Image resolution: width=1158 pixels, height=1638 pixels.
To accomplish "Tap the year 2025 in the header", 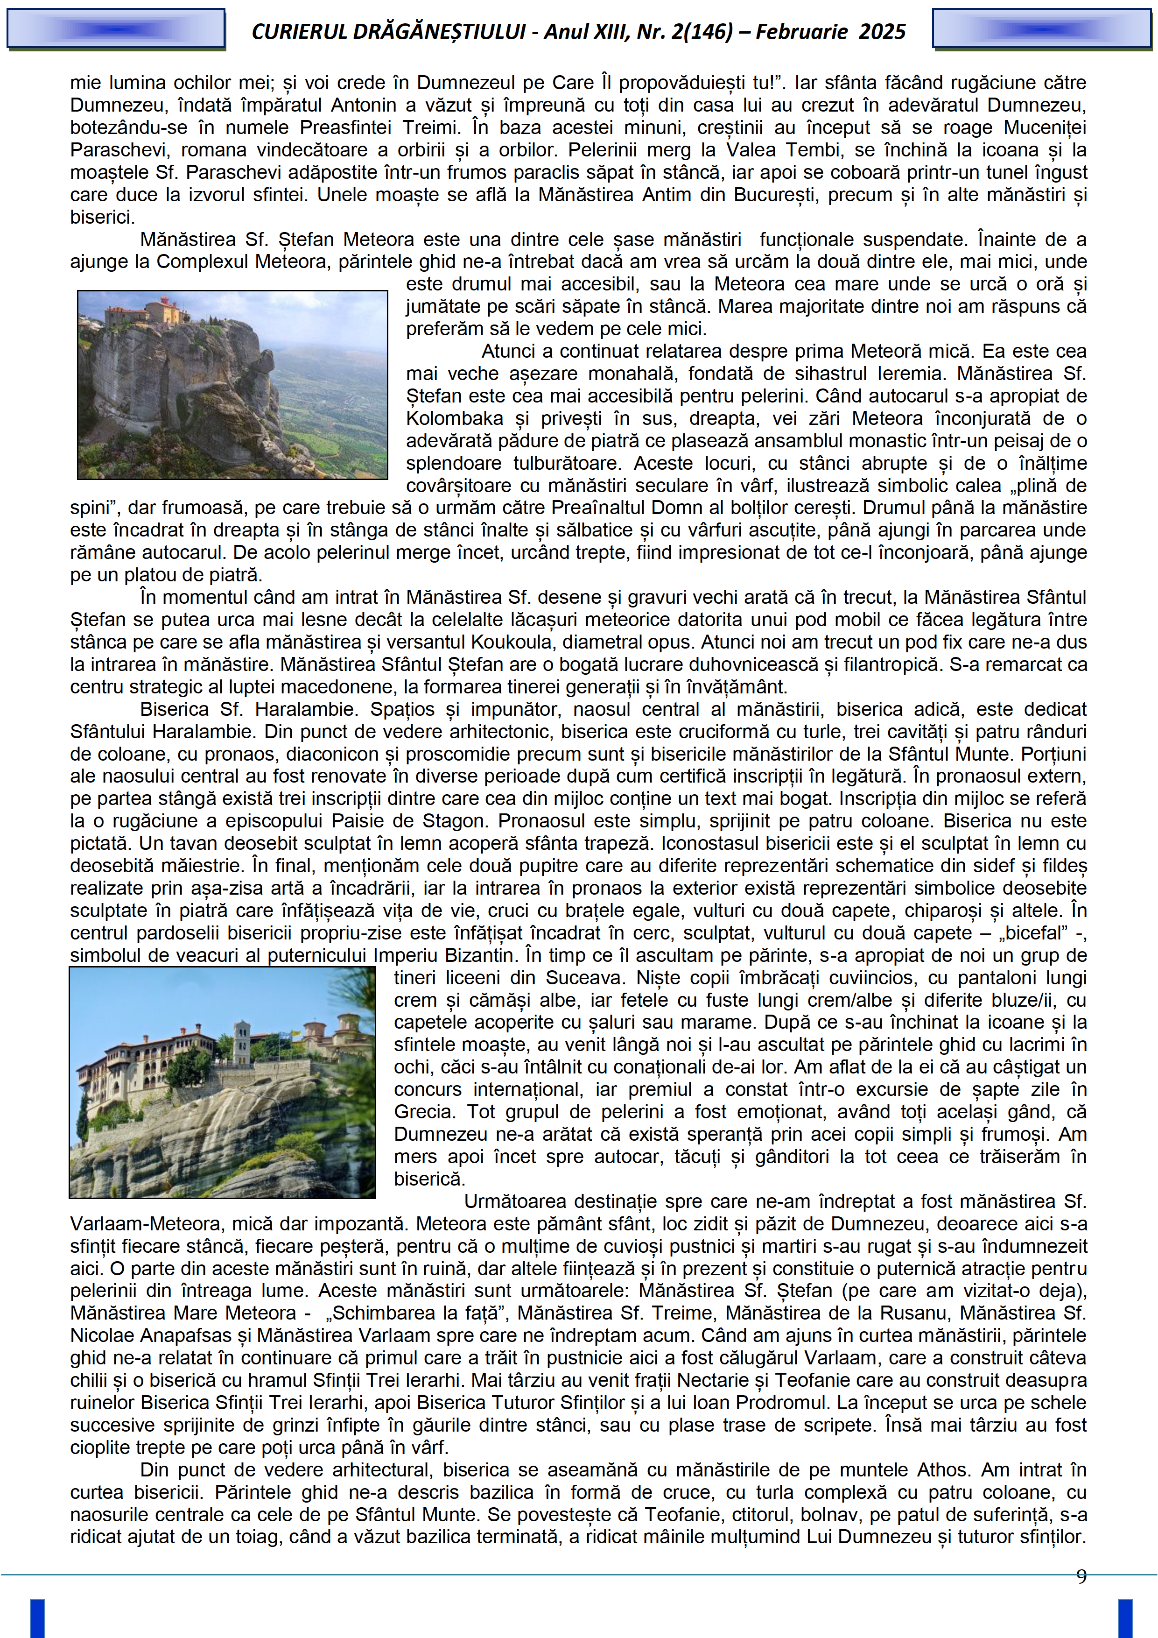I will [882, 31].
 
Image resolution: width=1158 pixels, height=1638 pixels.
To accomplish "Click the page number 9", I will [1081, 1576].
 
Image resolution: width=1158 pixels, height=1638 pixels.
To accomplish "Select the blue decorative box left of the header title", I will [116, 28].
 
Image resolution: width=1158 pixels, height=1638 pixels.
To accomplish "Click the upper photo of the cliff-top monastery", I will [232, 385].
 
